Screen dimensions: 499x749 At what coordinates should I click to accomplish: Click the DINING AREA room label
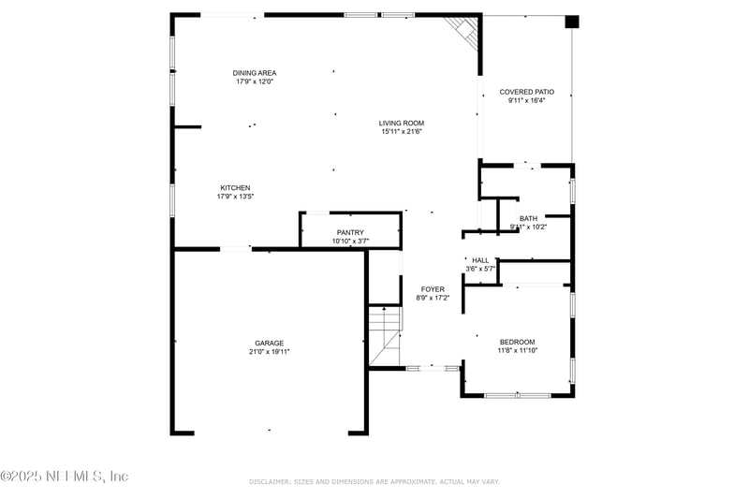click(255, 73)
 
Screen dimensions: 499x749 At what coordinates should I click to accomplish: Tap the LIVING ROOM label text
click(402, 123)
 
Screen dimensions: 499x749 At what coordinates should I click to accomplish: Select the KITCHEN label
click(235, 187)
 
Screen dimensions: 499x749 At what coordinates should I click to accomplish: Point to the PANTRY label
click(350, 232)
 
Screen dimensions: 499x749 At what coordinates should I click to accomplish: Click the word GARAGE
click(269, 343)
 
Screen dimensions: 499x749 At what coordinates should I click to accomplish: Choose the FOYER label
click(433, 289)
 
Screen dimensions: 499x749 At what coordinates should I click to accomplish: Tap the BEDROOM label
click(517, 342)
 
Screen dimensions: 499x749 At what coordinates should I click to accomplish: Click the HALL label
click(480, 260)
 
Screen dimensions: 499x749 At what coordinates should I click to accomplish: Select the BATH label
click(528, 218)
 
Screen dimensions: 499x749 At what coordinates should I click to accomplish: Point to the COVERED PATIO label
click(526, 92)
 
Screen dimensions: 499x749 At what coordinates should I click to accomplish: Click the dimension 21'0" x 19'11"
click(269, 352)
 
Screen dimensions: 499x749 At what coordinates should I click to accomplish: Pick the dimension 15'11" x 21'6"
click(402, 132)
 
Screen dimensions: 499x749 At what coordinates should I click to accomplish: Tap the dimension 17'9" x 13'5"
click(235, 197)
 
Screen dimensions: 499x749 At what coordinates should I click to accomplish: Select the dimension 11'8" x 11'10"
click(517, 351)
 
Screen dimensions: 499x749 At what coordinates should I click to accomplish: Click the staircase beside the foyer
click(384, 335)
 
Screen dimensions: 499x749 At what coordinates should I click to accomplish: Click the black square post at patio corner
click(573, 22)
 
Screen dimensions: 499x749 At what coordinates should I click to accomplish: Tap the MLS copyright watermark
click(65, 477)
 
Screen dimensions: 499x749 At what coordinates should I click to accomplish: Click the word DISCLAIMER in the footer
click(270, 481)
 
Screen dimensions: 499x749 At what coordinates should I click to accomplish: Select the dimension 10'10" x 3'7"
click(350, 242)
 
